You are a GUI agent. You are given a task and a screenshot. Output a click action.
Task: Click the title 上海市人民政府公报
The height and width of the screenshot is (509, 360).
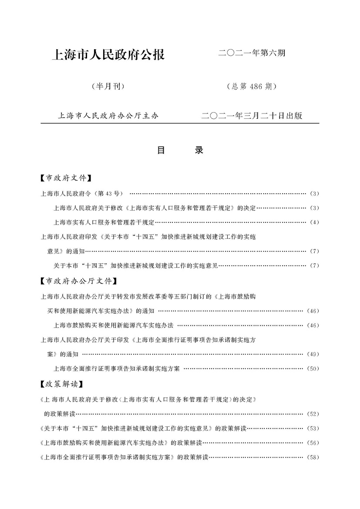[108, 55]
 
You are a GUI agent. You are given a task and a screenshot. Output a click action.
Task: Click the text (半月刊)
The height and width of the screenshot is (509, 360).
[108, 87]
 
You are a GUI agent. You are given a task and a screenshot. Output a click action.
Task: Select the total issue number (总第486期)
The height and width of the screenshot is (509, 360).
[252, 87]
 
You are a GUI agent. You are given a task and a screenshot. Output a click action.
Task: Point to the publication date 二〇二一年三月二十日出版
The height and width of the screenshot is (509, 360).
[252, 116]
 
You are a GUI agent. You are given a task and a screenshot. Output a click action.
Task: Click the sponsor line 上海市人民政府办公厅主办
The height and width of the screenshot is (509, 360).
[108, 116]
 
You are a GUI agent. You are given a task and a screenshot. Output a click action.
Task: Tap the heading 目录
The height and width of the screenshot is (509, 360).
[180, 151]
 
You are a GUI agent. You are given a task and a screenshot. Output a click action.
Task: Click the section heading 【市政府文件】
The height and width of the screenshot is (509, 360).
[65, 178]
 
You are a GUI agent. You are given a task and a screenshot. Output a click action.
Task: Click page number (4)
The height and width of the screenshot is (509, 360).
[315, 222]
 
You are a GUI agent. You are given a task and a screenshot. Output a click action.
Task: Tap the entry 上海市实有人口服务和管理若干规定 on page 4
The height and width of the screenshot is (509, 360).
[104, 222]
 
